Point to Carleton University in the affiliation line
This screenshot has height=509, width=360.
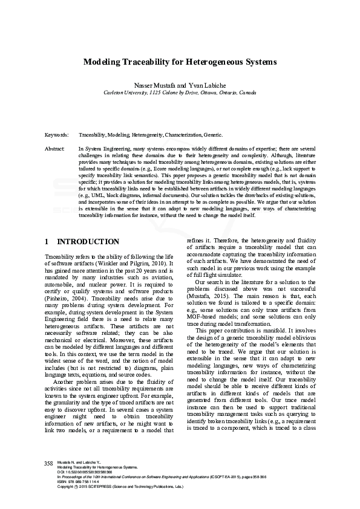pos(126,93)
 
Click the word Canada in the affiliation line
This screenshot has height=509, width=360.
pos(247,93)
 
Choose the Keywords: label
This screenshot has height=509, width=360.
pos(56,135)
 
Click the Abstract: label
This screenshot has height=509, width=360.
pos(55,148)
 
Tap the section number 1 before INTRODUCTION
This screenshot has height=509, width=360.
pos(47,241)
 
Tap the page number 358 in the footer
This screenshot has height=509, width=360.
pos(49,463)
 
